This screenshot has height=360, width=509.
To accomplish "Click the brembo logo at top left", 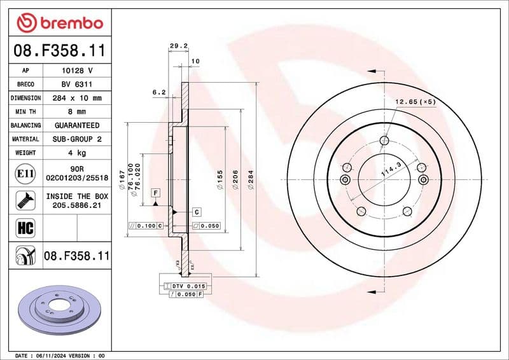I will (60, 22).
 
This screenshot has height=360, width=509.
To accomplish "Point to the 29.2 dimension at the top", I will (178, 46).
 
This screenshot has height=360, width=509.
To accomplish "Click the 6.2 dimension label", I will (158, 92).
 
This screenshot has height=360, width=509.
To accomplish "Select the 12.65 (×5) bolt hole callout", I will (415, 102).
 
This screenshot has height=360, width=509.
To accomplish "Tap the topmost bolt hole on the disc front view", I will (384, 141).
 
